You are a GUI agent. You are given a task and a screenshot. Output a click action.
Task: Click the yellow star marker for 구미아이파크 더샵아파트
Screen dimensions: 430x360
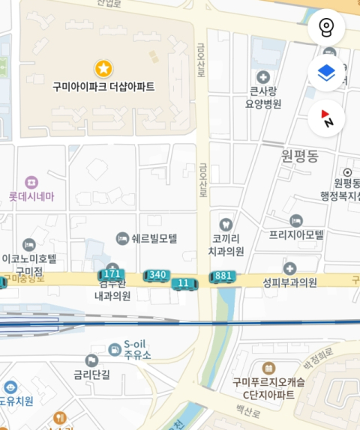(103, 69)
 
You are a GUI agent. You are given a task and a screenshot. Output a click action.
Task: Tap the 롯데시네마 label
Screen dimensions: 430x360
(31, 197)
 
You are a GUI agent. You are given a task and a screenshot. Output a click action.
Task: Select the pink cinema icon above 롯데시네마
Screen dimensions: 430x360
(31, 182)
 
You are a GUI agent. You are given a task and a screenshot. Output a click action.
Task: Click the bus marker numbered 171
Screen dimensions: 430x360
(111, 274)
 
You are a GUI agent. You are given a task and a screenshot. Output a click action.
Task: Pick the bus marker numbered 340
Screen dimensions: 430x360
(157, 275)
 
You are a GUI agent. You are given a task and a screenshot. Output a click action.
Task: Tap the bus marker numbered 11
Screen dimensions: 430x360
(184, 283)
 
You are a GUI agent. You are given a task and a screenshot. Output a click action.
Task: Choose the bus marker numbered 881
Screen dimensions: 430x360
(223, 276)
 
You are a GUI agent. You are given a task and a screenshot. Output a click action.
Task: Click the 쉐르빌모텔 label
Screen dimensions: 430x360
(154, 239)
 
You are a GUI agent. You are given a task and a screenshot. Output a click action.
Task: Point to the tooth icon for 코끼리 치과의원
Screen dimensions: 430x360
(224, 223)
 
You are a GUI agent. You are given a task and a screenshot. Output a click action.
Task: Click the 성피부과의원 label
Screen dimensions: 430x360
(289, 282)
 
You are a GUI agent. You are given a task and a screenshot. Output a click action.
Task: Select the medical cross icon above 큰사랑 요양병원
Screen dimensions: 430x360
(263, 77)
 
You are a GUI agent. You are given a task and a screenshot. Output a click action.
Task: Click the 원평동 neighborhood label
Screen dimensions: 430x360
(300, 156)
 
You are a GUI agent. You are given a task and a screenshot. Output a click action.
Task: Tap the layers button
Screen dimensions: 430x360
(326, 73)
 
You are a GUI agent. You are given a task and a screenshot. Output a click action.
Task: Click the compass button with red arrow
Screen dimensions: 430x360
(326, 118)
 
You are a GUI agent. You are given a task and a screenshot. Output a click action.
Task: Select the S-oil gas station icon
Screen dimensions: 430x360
(113, 348)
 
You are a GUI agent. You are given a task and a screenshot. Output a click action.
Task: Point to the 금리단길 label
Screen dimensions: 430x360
(91, 375)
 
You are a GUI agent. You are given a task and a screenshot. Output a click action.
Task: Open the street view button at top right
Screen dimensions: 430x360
(326, 28)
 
